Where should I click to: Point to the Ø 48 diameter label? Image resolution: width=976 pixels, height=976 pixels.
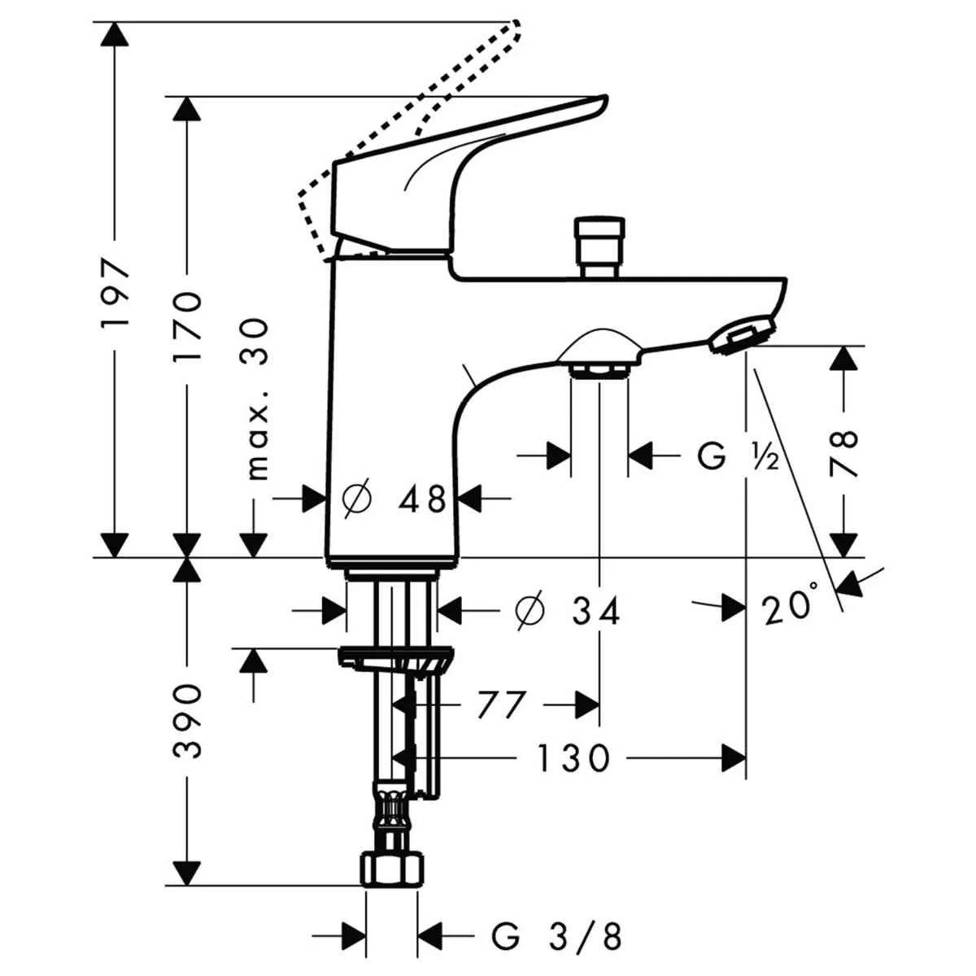394,499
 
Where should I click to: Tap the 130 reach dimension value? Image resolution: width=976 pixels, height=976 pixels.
573,758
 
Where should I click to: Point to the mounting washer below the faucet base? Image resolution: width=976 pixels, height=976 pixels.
395,658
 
